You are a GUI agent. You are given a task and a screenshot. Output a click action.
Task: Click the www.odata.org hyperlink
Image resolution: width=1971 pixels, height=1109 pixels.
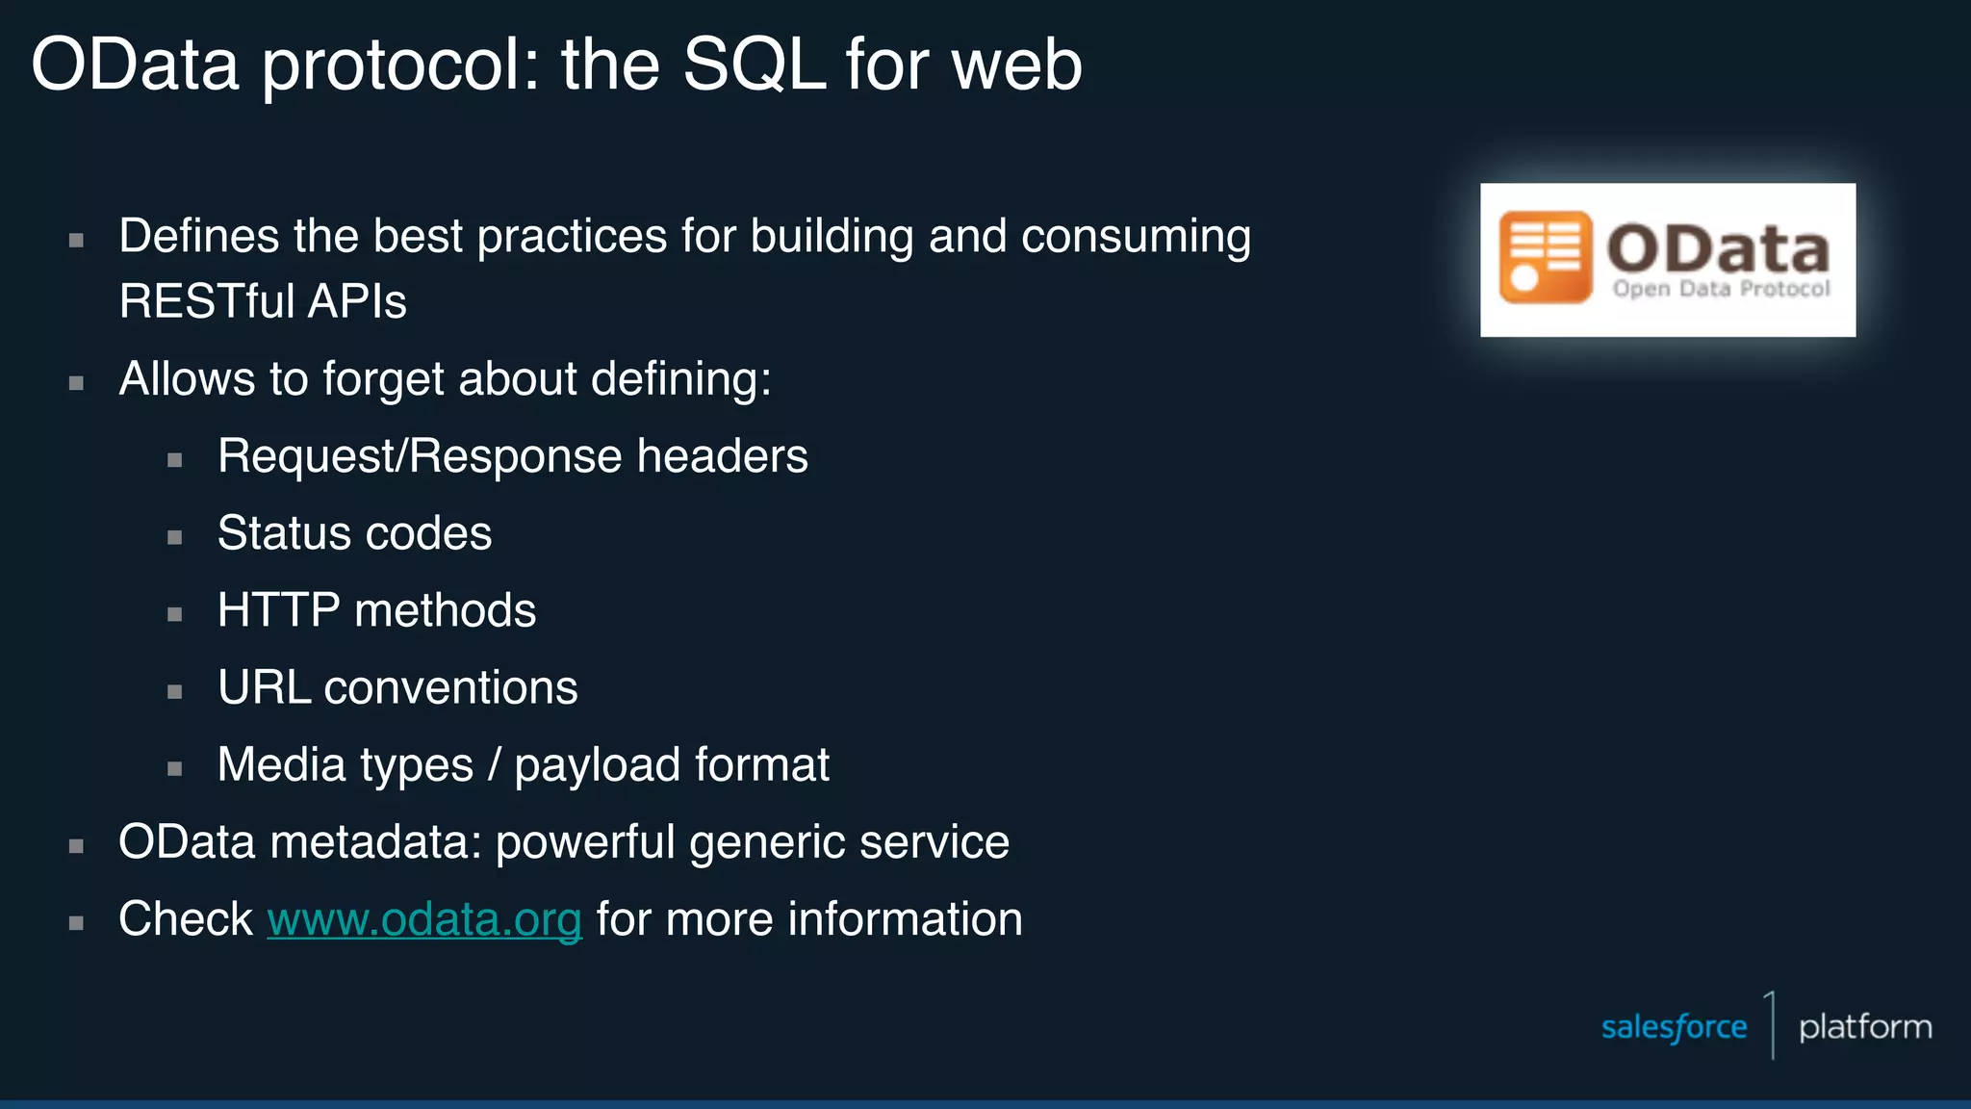point(424,919)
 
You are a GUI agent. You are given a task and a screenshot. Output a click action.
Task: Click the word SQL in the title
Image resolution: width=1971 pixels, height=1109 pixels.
point(754,65)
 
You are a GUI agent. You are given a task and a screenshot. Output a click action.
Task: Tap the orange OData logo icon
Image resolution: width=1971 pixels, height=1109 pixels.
point(1546,257)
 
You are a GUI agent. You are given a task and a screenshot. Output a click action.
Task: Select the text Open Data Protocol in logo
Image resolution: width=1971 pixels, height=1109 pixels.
point(1721,289)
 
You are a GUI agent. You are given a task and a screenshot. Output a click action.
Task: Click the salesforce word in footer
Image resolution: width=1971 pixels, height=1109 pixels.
point(1674,1027)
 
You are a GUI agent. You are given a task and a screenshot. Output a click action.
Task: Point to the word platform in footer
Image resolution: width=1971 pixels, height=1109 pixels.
point(1864,1027)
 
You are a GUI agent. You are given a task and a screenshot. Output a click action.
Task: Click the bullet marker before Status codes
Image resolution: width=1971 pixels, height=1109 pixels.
point(174,537)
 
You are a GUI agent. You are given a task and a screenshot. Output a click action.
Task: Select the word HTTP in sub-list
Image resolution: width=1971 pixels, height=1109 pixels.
point(278,610)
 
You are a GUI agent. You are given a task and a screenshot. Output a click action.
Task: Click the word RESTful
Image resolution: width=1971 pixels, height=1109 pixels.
point(207,301)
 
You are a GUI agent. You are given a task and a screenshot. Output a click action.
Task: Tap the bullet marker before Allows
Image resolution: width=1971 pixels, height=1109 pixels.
point(76,383)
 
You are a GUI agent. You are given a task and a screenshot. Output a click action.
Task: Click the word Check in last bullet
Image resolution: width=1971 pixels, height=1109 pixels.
point(185,919)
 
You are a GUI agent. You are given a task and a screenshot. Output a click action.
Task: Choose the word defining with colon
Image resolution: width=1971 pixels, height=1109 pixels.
point(680,379)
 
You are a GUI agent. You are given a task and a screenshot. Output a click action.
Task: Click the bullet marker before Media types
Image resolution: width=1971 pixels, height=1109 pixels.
point(174,768)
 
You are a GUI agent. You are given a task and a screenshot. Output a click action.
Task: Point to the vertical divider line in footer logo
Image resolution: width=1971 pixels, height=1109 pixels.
point(1772,1025)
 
